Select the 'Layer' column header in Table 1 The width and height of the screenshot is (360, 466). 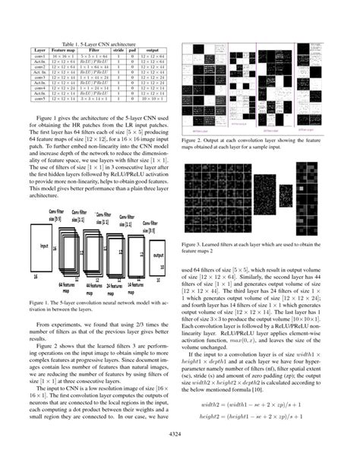point(40,49)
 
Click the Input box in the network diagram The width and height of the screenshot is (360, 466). point(46,248)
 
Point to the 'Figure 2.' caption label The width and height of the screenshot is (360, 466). point(197,140)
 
